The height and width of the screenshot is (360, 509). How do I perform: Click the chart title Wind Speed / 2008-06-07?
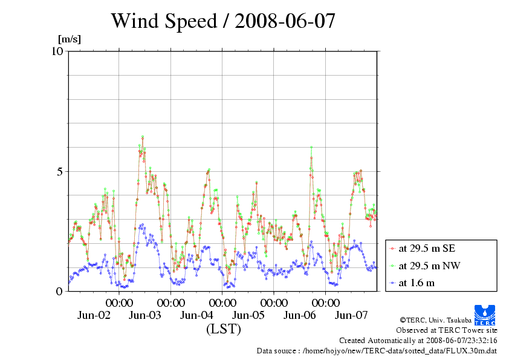222,21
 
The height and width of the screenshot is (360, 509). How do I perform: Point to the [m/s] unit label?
69,39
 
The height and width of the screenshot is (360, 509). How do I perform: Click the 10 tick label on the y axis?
57,51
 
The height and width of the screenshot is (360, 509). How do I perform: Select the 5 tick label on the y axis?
59,171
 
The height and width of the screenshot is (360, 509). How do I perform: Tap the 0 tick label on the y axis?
59,291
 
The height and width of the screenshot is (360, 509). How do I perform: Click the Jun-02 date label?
94,315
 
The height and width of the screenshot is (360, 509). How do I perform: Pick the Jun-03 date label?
145,315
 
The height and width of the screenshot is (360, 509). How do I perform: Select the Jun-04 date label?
197,315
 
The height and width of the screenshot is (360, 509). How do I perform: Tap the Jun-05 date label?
248,315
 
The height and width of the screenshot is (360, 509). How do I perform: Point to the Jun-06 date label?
300,315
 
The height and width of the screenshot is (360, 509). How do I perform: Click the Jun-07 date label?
351,315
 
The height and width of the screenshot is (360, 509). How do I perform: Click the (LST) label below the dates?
223,329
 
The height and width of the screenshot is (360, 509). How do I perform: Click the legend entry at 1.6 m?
417,283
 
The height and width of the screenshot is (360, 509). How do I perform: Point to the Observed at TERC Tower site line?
447,330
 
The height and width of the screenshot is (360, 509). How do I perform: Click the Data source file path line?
377,350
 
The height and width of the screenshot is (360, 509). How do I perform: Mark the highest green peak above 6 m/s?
143,137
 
